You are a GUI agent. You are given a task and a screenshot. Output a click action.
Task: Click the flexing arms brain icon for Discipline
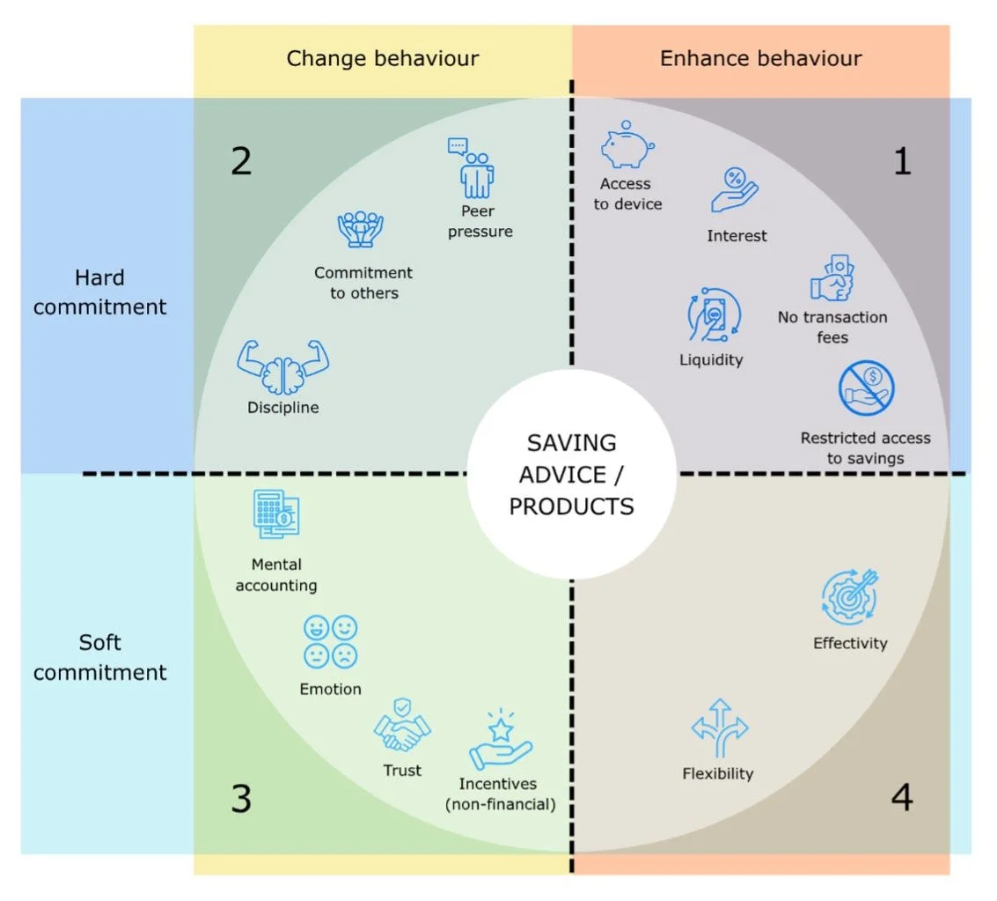click(282, 367)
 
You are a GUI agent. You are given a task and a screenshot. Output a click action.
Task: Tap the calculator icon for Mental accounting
click(276, 514)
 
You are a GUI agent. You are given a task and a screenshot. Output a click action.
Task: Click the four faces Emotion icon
click(330, 641)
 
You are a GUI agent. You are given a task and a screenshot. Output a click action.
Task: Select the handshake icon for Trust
click(402, 726)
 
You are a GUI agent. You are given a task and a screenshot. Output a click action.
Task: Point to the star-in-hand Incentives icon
click(501, 740)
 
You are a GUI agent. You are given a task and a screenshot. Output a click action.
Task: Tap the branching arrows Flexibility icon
click(719, 728)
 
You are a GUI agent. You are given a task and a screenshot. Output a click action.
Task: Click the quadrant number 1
click(902, 161)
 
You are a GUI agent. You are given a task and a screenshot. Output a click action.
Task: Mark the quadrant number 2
click(241, 161)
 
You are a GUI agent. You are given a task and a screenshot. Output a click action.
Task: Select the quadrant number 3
click(241, 799)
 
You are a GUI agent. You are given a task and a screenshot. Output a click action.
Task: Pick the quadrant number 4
click(902, 798)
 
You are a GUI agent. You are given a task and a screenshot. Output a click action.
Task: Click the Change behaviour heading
click(383, 59)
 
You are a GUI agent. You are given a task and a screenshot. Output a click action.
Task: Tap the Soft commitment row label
click(100, 657)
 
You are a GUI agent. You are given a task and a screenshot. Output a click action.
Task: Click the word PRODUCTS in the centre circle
click(571, 506)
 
